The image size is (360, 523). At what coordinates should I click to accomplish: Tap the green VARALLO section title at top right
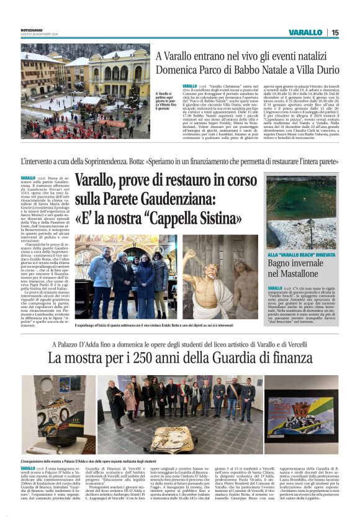pos(305,32)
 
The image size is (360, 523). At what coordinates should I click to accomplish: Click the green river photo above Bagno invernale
pos(300,211)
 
